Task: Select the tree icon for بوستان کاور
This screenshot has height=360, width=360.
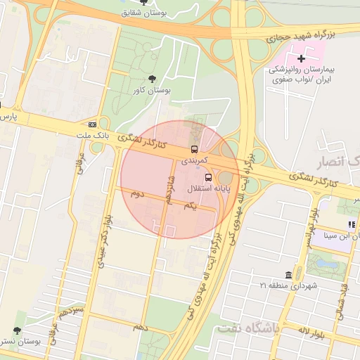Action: [x=152, y=78]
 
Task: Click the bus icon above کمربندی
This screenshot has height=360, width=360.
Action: [x=194, y=149]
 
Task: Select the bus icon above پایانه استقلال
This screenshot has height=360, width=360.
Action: [x=207, y=177]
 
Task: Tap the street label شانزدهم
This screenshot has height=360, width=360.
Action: [x=169, y=190]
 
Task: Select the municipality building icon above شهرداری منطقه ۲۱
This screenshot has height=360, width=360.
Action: [x=289, y=274]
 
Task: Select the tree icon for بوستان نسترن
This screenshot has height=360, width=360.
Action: [x=17, y=330]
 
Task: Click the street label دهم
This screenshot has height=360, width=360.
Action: [x=141, y=327]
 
